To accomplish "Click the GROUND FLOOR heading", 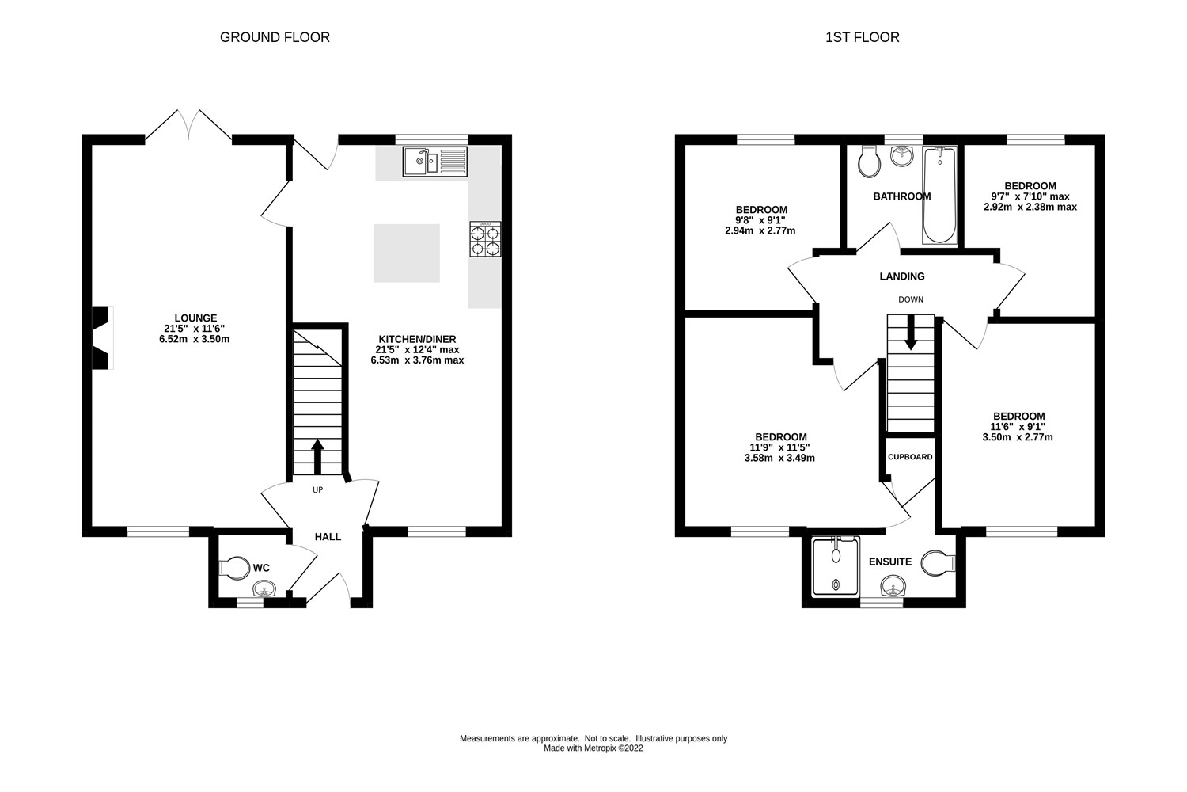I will (x=275, y=37).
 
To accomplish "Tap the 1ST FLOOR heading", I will (x=862, y=37).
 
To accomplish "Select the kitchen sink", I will (x=434, y=162).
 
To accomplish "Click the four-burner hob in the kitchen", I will (x=485, y=239).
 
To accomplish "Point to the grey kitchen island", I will (x=407, y=253).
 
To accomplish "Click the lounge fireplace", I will (x=102, y=337).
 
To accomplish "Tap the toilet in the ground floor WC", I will (x=233, y=568).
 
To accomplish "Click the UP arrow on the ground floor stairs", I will (x=317, y=456).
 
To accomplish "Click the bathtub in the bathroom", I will (x=939, y=195).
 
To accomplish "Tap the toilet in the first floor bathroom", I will (x=869, y=162).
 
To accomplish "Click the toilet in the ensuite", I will (x=939, y=562).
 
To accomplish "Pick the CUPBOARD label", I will (x=910, y=457).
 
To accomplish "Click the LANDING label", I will (x=902, y=276).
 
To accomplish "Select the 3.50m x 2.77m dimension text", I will (x=1018, y=437).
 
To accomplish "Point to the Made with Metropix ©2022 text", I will (x=593, y=748).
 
